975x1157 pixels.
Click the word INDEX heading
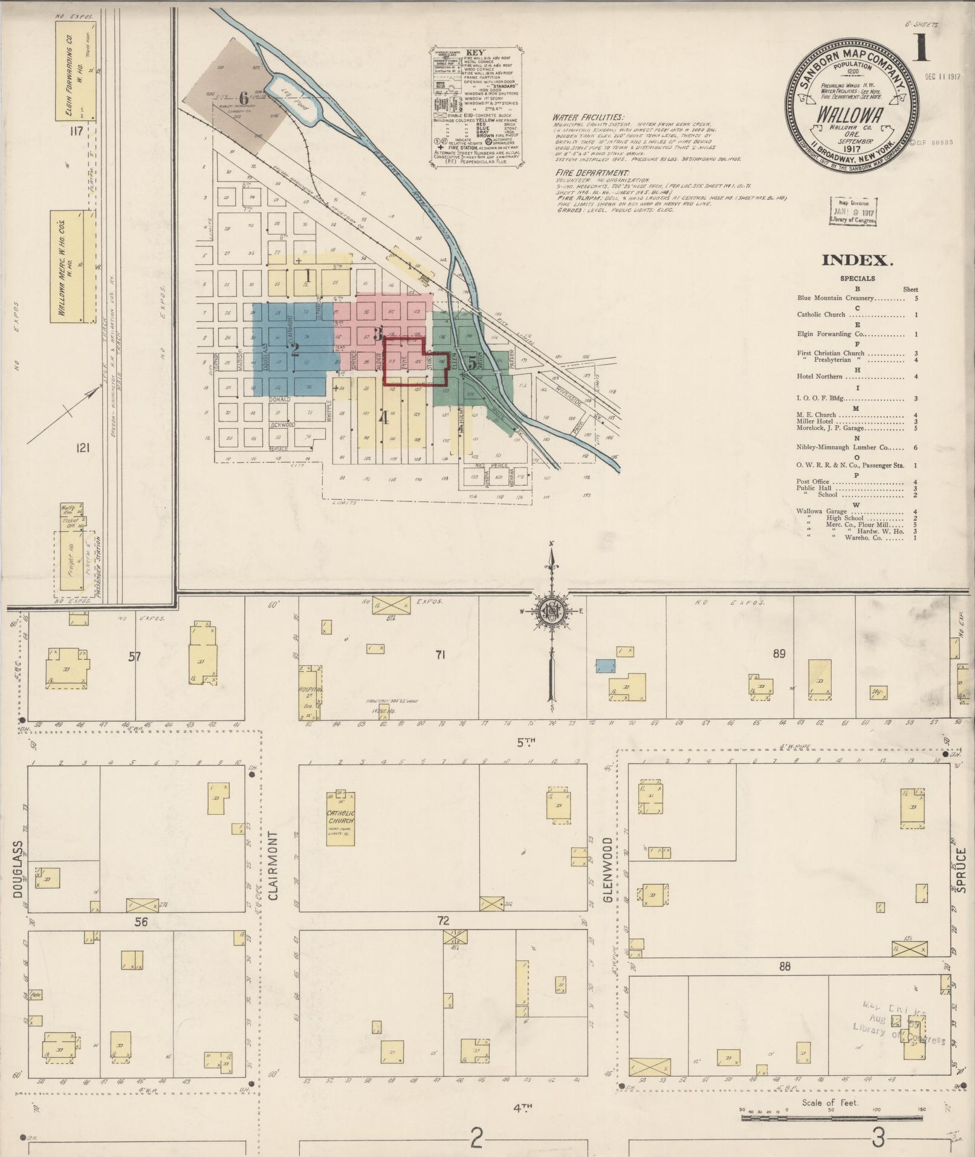coord(857,261)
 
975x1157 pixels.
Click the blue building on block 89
coord(605,666)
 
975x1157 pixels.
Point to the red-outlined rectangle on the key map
coord(415,362)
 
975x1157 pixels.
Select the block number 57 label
coord(134,656)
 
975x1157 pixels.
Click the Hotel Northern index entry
coord(820,377)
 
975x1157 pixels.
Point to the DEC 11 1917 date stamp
coord(942,77)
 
